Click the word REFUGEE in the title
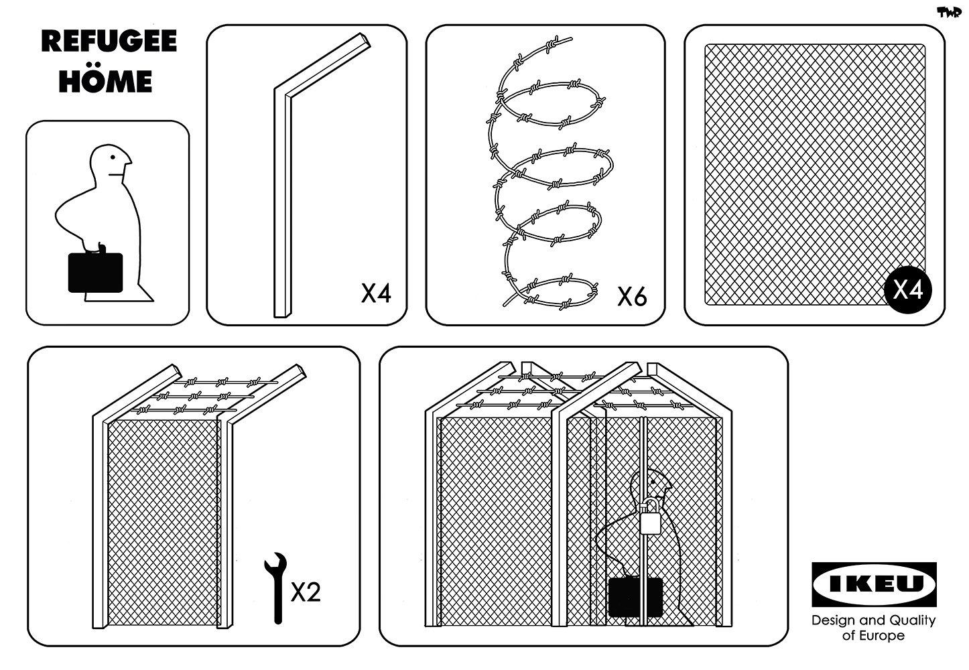109,42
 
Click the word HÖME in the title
105,81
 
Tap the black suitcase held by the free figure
95,273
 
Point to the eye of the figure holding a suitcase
114,157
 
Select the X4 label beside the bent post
375,293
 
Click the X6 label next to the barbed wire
631,296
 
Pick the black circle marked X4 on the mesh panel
908,290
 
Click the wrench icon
275,586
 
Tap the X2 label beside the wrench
306,592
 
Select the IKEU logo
873,584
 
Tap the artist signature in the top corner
948,12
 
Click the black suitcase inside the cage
635,597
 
